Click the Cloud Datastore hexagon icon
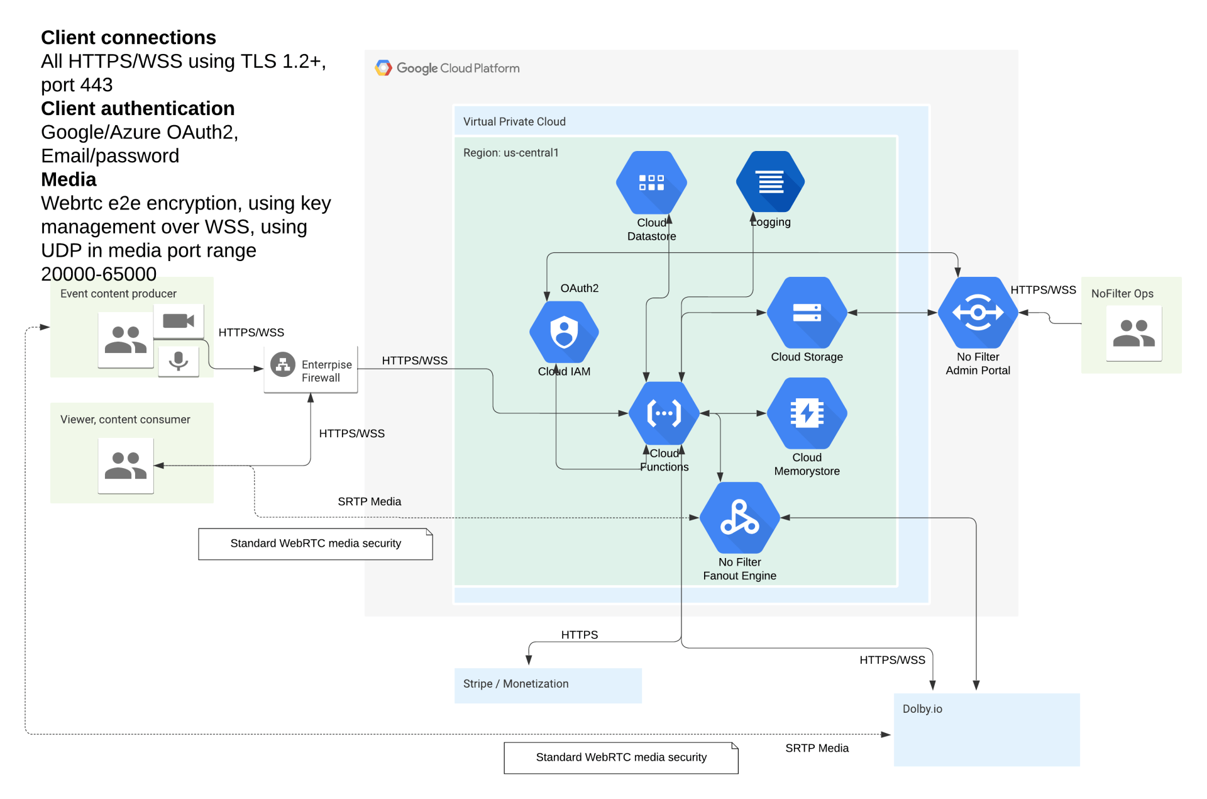(651, 182)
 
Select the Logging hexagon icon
(771, 182)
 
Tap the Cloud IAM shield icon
(564, 332)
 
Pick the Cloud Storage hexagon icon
(807, 313)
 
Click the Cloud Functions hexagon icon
(664, 413)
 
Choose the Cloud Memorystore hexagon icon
(807, 413)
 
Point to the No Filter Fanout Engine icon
(740, 518)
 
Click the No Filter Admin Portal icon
(978, 313)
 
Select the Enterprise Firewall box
(311, 370)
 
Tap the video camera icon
(179, 321)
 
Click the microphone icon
(179, 360)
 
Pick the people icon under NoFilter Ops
(1134, 333)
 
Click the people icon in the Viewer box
(126, 466)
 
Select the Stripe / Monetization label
(515, 684)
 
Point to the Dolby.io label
(922, 709)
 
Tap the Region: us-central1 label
(510, 153)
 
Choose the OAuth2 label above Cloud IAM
(579, 288)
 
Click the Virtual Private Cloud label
(514, 121)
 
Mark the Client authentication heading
(138, 108)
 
